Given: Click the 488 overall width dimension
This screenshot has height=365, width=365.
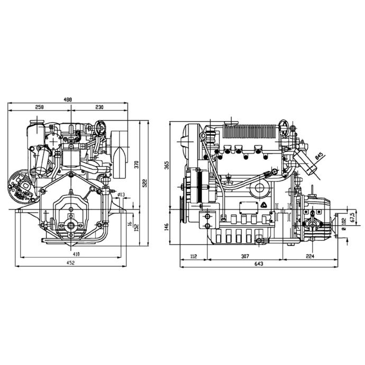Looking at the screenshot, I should click(67, 99).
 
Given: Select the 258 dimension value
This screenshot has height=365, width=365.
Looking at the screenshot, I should click(39, 107).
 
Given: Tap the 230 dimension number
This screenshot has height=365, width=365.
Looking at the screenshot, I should click(98, 107).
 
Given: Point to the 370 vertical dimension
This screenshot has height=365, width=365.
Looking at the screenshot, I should click(136, 165).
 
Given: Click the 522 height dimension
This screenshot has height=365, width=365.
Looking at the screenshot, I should click(144, 182).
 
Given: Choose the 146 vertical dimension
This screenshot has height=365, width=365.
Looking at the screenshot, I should click(166, 226).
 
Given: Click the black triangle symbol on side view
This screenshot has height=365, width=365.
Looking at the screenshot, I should click(262, 205).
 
